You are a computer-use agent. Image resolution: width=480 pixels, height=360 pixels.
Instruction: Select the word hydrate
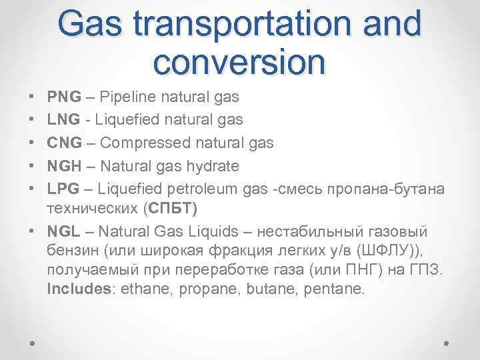(215, 164)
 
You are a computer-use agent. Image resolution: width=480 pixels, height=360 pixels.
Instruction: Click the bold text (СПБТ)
(171, 209)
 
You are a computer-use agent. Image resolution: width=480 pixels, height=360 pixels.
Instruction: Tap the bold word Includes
(74, 290)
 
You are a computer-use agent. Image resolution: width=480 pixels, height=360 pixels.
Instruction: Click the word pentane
(336, 290)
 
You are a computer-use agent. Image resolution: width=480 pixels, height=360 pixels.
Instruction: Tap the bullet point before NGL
(32, 232)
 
